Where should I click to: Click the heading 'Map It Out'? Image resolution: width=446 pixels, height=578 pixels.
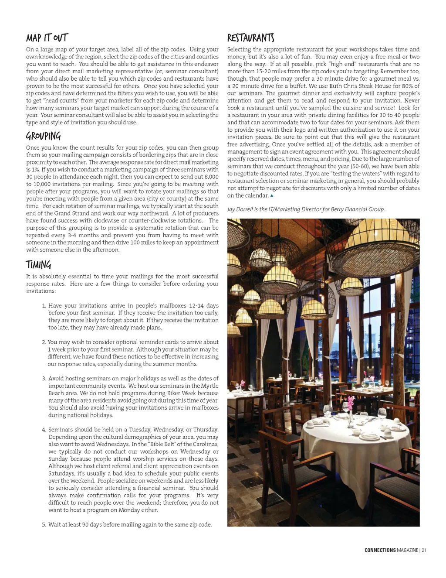pyautogui.click(x=47, y=38)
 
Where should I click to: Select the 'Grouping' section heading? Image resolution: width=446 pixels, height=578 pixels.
pyautogui.click(x=43, y=136)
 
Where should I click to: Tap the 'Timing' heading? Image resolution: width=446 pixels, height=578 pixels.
pyautogui.click(x=38, y=265)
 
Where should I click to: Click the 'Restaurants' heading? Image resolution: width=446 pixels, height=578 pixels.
pyautogui.click(x=250, y=38)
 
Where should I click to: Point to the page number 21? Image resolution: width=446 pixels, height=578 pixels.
pyautogui.click(x=424, y=551)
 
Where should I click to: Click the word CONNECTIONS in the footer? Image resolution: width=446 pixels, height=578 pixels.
pyautogui.click(x=380, y=551)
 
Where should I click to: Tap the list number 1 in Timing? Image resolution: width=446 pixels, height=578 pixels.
pyautogui.click(x=44, y=306)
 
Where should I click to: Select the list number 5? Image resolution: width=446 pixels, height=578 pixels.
pyautogui.click(x=44, y=525)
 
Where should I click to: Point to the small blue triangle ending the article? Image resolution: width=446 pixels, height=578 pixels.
pyautogui.click(x=272, y=195)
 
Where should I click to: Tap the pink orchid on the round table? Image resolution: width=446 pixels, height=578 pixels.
pyautogui.click(x=350, y=400)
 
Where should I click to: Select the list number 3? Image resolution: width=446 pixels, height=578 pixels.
pyautogui.click(x=44, y=379)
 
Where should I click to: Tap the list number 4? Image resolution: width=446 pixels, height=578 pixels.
pyautogui.click(x=44, y=430)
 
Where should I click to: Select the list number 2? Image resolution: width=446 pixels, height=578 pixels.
pyautogui.click(x=44, y=342)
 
